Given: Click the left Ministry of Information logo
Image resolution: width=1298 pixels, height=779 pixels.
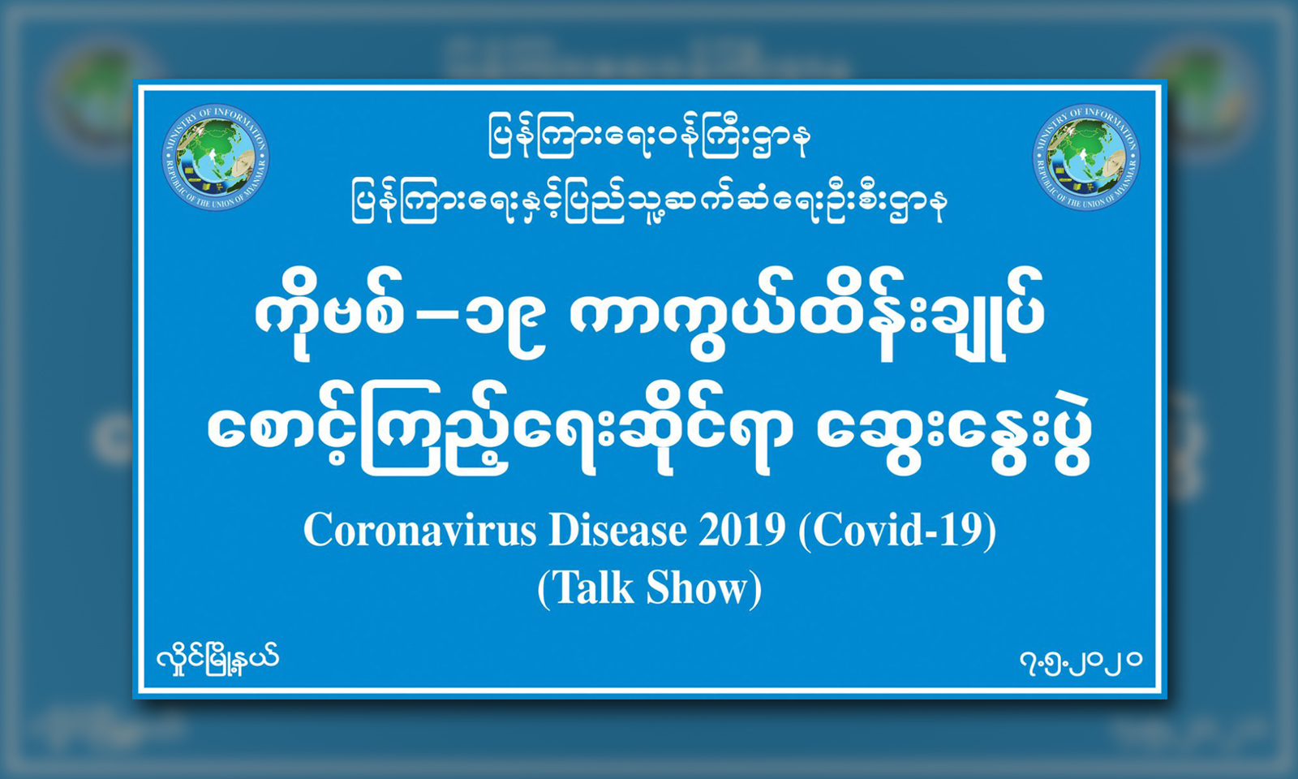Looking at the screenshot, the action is pos(216,157).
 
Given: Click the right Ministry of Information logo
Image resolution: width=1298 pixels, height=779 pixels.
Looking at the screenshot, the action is pos(1086,157).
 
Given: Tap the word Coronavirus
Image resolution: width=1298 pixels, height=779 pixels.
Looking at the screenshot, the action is pos(420,531).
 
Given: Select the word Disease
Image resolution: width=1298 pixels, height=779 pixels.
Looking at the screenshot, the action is pos(617,531).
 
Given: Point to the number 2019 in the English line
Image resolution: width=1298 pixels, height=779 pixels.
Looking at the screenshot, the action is pos(741,531).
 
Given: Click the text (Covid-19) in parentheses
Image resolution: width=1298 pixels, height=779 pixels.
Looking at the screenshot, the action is pos(897,532).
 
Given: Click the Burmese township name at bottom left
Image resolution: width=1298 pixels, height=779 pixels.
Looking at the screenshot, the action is pos(218,660).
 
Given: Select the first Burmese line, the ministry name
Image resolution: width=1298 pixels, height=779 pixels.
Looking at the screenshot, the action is pos(649,138).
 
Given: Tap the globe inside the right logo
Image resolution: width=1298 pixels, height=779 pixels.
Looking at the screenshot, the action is pos(1086,157).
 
